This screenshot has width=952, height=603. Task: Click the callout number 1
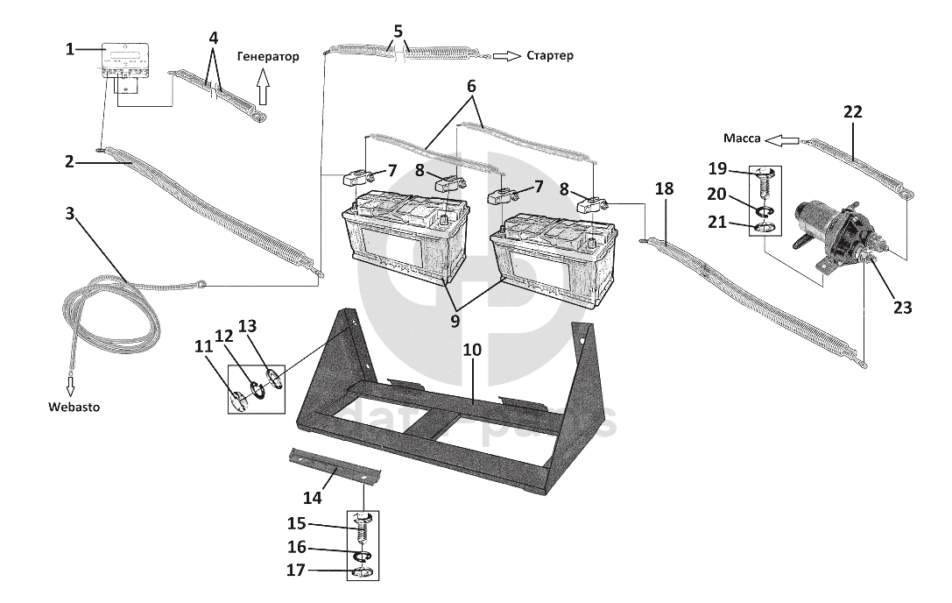(70, 49)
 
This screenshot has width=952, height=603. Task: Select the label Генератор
(267, 56)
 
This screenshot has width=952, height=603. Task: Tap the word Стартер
(550, 56)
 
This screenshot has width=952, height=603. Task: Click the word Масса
(741, 138)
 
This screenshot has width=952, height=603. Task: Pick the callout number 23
(902, 308)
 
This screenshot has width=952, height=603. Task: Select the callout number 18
(664, 189)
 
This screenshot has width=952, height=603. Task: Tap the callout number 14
(312, 498)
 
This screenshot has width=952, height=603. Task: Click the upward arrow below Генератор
(263, 89)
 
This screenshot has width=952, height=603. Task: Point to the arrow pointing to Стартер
(505, 56)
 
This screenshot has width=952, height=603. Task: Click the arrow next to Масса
(780, 138)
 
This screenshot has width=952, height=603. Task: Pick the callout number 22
(852, 111)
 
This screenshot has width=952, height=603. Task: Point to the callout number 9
(456, 321)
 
